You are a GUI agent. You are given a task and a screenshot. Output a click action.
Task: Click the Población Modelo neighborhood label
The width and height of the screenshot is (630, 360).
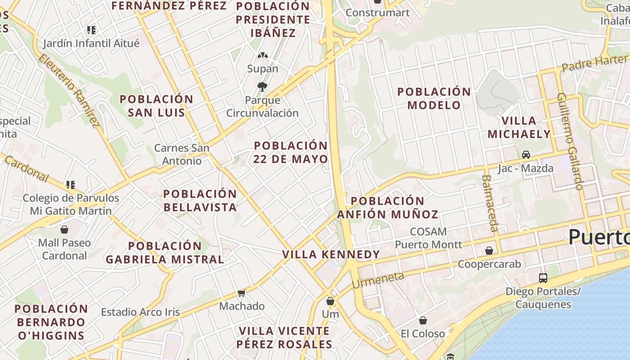click(434, 98)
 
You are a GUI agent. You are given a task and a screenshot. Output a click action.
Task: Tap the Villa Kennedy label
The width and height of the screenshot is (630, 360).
click(331, 254)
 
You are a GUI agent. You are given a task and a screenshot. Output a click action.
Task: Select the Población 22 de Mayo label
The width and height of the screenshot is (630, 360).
click(291, 152)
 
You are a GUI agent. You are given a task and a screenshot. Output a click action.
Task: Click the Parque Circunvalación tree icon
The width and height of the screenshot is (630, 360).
click(262, 86)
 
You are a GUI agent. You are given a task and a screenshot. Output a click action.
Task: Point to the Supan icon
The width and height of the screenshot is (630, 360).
click(263, 56)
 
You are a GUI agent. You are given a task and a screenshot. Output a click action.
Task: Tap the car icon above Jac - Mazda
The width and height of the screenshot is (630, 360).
click(526, 155)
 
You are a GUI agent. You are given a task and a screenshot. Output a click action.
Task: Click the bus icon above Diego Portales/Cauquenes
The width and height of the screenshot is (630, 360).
click(543, 278)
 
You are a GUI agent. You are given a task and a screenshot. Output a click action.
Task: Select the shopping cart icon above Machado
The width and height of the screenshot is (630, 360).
click(242, 293)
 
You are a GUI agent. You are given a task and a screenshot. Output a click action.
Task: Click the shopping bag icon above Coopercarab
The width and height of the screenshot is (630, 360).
click(489, 251)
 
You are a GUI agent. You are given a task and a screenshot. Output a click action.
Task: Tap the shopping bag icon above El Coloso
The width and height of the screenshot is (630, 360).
click(423, 320)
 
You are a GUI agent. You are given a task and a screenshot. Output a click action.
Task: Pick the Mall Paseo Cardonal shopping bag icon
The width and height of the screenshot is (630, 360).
click(64, 229)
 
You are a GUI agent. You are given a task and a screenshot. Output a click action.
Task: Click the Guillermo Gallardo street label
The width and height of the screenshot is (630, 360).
click(570, 141)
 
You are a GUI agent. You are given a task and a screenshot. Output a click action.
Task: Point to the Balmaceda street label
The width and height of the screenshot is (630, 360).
click(490, 202)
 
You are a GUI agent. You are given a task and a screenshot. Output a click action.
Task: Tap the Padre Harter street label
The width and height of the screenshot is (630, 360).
click(594, 63)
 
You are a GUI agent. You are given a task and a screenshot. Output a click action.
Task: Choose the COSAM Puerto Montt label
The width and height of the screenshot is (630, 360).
click(428, 238)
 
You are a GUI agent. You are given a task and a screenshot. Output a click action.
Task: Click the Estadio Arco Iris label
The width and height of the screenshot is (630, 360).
click(140, 312)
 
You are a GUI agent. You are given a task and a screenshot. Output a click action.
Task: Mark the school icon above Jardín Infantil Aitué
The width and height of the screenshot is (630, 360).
click(91, 30)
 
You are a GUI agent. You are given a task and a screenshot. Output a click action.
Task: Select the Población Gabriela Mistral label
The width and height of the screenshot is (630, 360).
click(165, 252)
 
